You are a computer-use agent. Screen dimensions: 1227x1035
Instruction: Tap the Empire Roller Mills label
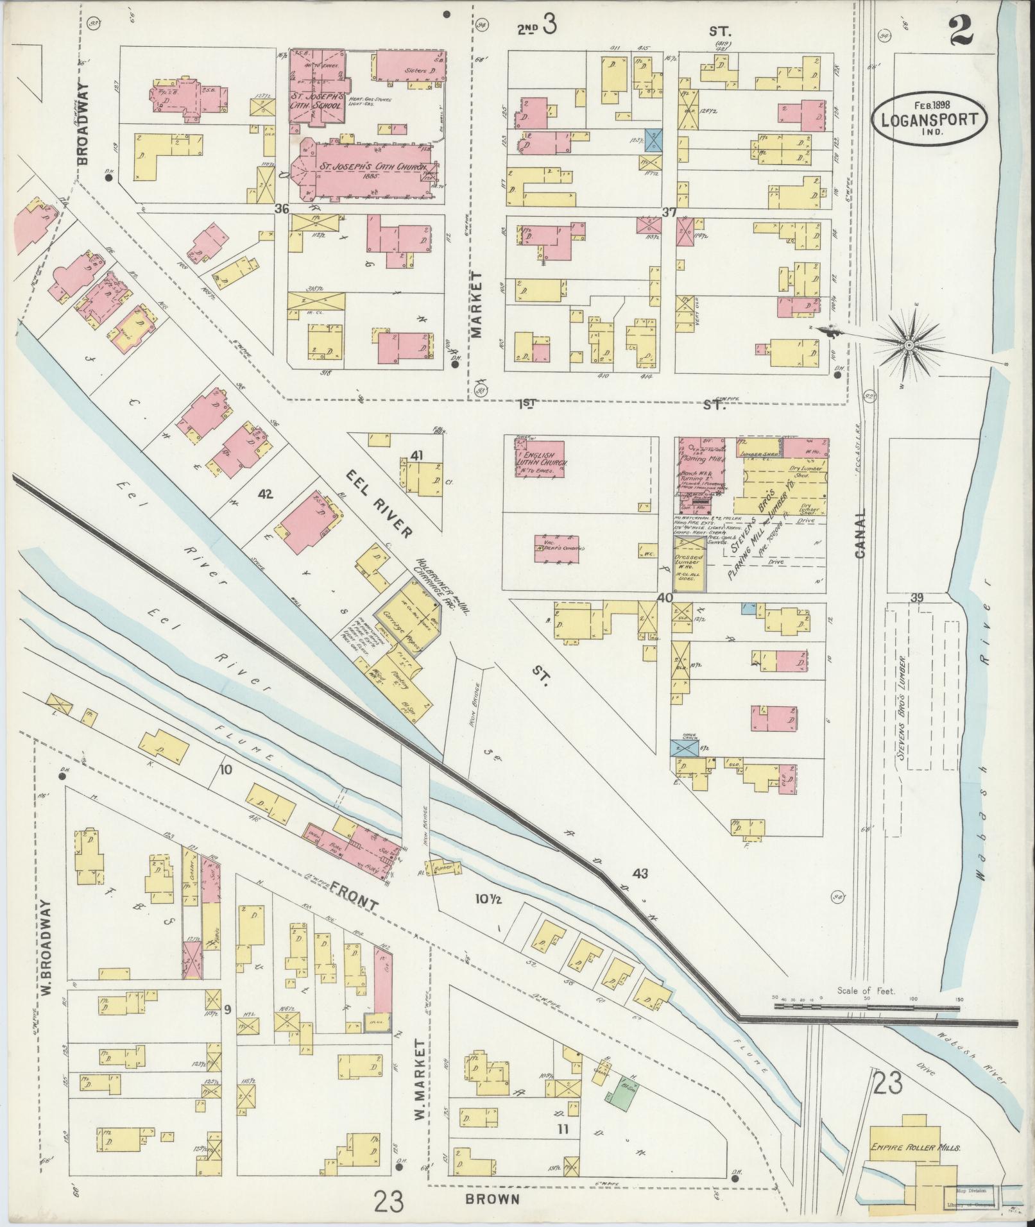(x=915, y=1147)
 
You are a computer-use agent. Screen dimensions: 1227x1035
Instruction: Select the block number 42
(x=264, y=494)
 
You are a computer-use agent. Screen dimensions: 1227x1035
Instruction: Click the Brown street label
(x=493, y=1197)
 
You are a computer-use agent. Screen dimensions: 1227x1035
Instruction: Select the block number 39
(x=918, y=598)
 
